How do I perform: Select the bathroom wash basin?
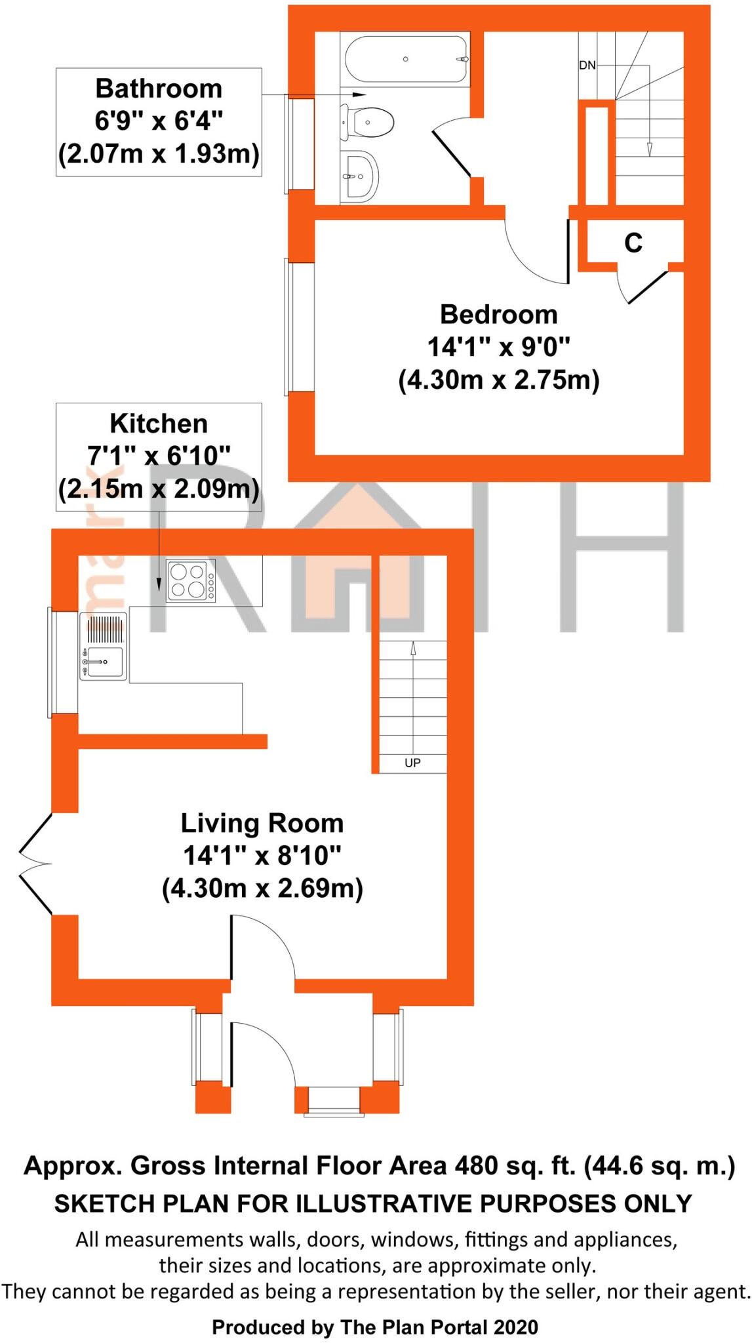360,176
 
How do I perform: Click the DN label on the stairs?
587,66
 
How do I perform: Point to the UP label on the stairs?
412,763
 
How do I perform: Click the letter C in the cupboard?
633,243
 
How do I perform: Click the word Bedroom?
498,315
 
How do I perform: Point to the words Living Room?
262,823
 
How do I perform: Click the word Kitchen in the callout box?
159,424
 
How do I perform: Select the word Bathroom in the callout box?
159,89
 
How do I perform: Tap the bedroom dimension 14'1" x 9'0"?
498,347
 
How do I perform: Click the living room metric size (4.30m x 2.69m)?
262,889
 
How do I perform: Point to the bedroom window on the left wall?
287,327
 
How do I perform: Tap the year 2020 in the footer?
515,1309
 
